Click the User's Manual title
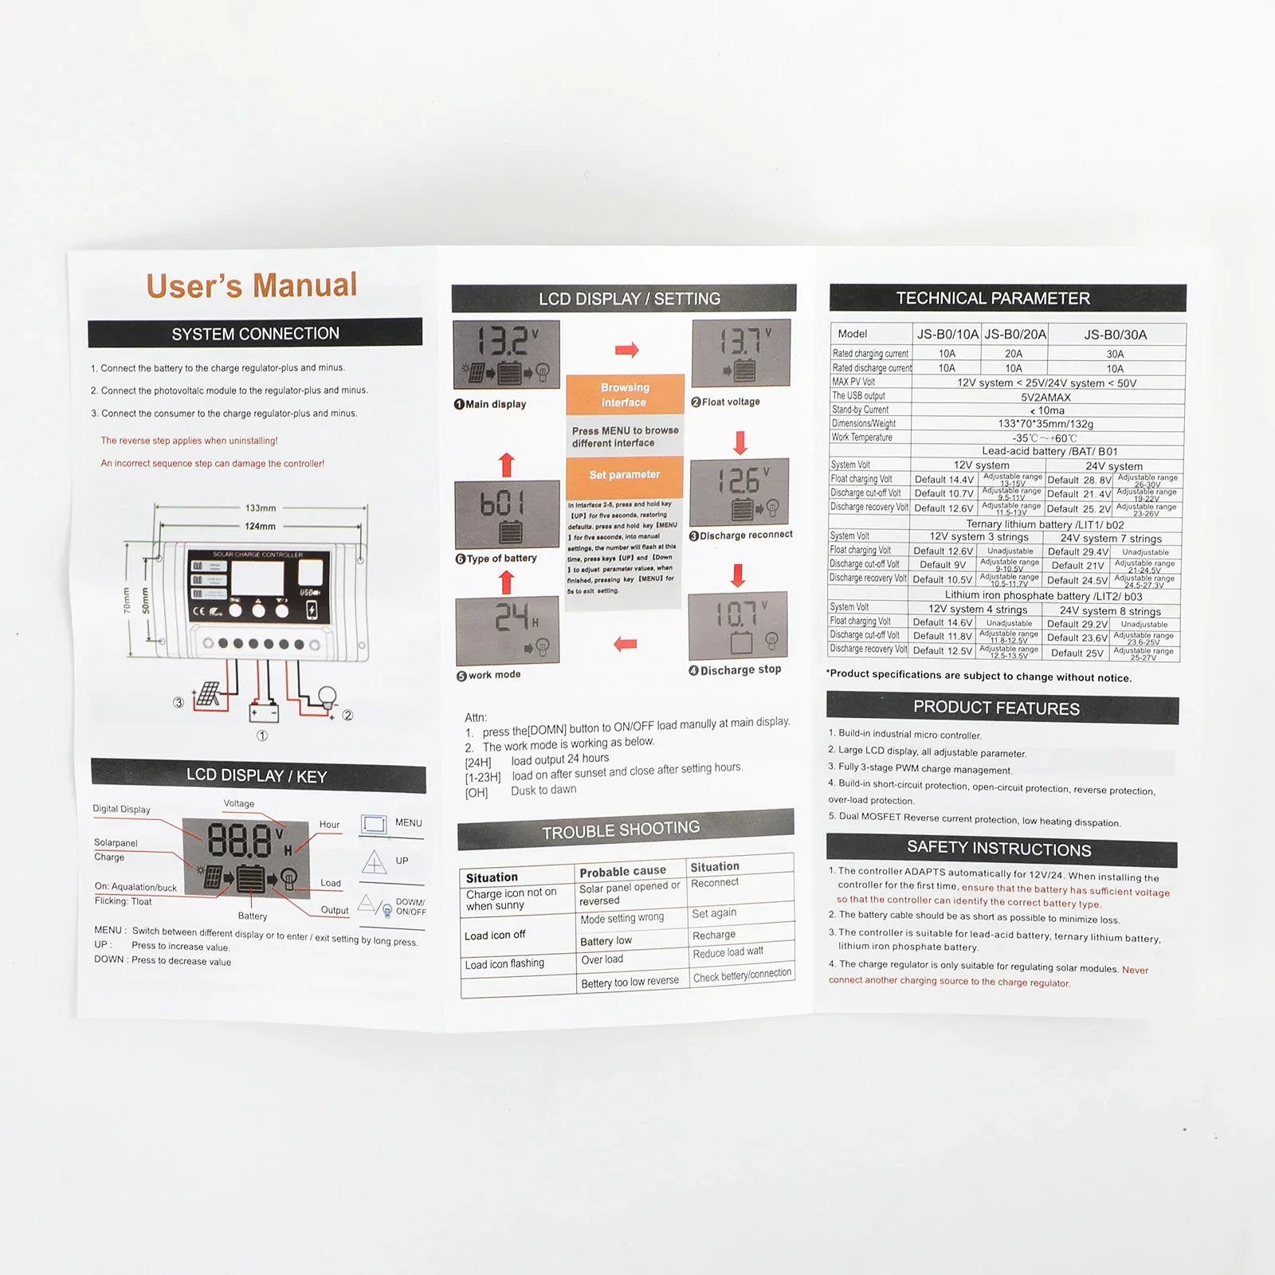coord(252,285)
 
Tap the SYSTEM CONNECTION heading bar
coord(255,333)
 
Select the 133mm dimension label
coord(261,508)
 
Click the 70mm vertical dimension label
coord(127,599)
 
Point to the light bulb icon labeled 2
coord(328,698)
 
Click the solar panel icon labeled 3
coord(209,694)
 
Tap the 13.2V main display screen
coord(507,355)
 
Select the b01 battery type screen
coord(507,513)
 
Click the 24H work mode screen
coord(508,630)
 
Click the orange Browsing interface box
coord(625,394)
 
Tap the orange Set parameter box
coord(625,475)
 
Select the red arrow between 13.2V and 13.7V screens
coord(627,350)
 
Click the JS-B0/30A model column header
coord(1115,335)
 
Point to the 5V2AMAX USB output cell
coord(1046,397)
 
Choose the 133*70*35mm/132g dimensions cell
coord(1045,424)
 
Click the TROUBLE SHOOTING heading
coord(622,830)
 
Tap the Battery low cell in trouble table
coord(606,941)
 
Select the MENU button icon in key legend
coord(374,823)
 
